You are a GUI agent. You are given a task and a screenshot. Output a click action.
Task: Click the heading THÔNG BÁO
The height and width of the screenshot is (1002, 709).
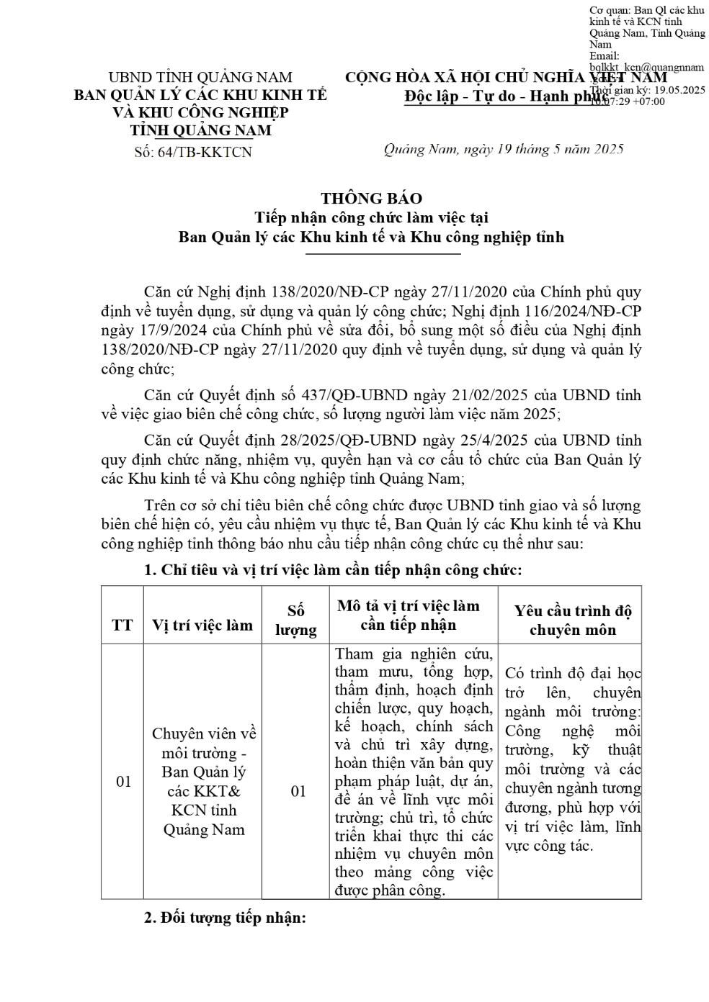pyautogui.click(x=371, y=198)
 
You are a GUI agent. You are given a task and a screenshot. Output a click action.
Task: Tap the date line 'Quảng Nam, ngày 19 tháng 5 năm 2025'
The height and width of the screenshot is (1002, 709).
pyautogui.click(x=503, y=149)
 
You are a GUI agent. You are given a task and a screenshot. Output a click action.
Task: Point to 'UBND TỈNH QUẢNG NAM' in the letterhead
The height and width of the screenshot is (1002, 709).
pyautogui.click(x=200, y=77)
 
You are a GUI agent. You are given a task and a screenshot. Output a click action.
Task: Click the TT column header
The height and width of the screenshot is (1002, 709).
pyautogui.click(x=122, y=624)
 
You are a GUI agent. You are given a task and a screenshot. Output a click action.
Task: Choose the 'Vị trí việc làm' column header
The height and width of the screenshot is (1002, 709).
pyautogui.click(x=202, y=624)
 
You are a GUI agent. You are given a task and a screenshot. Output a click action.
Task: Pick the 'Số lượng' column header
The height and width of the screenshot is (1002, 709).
pyautogui.click(x=296, y=620)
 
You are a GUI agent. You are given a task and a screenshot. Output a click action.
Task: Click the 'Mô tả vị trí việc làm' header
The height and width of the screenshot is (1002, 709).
pyautogui.click(x=408, y=615)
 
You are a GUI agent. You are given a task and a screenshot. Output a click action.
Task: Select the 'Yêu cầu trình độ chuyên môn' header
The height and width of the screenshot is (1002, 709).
pyautogui.click(x=573, y=620)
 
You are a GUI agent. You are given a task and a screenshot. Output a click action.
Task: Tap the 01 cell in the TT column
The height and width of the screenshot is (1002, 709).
pyautogui.click(x=124, y=781)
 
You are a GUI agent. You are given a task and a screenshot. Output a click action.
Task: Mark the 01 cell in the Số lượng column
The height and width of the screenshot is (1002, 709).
pyautogui.click(x=298, y=791)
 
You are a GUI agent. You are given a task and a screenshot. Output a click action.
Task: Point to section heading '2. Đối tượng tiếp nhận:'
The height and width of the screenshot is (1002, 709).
pyautogui.click(x=225, y=918)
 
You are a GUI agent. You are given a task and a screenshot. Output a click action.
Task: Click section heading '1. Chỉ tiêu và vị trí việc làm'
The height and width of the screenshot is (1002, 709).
pyautogui.click(x=332, y=570)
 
